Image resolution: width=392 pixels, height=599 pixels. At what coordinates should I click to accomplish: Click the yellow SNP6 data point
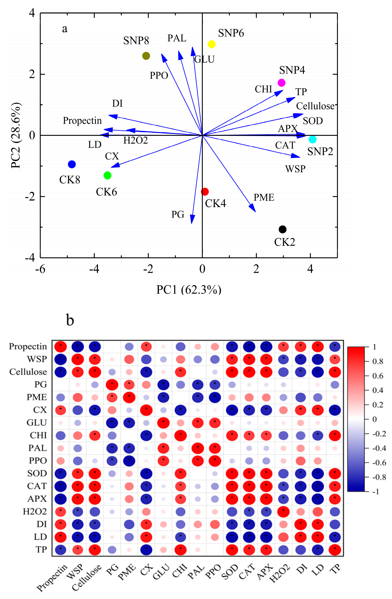pyautogui.click(x=211, y=44)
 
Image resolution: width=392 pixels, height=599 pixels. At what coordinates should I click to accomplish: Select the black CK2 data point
pyautogui.click(x=282, y=229)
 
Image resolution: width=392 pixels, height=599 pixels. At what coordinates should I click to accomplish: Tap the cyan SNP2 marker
pyautogui.click(x=312, y=139)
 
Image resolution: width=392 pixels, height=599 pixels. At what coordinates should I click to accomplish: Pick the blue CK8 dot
pyautogui.click(x=72, y=164)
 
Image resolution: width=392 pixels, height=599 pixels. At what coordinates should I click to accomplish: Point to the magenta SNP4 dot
pyautogui.click(x=281, y=83)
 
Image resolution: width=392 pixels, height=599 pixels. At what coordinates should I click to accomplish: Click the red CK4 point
pyautogui.click(x=205, y=192)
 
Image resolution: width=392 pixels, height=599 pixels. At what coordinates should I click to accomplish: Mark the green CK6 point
pyautogui.click(x=107, y=175)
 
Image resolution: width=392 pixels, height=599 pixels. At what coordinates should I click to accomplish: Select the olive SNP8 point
pyautogui.click(x=146, y=56)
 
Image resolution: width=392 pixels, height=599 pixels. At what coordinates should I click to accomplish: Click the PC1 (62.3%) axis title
pyautogui.click(x=189, y=290)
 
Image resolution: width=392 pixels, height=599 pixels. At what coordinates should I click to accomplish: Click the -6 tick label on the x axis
pyautogui.click(x=40, y=269)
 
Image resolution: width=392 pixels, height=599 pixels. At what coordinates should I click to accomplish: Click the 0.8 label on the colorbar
pyautogui.click(x=378, y=361)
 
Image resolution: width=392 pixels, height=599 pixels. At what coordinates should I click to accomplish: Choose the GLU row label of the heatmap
pyautogui.click(x=37, y=423)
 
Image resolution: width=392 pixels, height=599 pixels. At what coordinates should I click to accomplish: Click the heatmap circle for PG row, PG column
pyautogui.click(x=112, y=384)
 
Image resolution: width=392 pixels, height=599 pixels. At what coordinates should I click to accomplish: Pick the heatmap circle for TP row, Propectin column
pyautogui.click(x=60, y=549)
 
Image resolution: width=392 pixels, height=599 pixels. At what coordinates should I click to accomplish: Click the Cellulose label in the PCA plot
pyautogui.click(x=315, y=106)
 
